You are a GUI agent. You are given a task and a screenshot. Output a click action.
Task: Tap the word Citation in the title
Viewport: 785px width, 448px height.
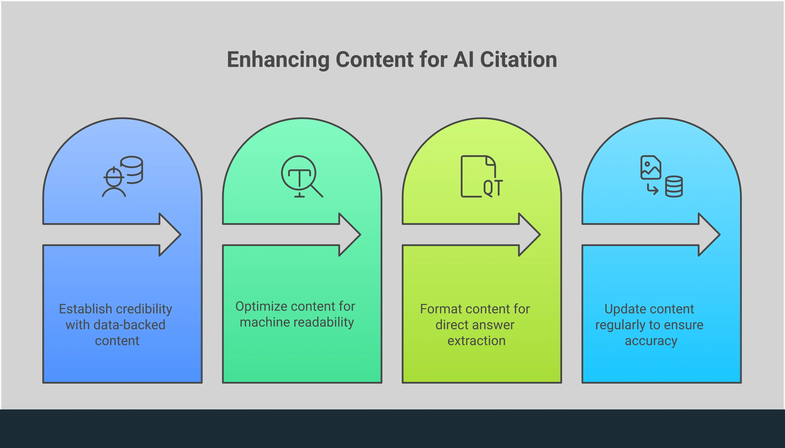(518, 60)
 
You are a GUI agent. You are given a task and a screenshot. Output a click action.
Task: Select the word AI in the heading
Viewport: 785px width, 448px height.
(463, 60)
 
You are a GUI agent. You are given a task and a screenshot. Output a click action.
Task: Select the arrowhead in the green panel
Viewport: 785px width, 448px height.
(350, 234)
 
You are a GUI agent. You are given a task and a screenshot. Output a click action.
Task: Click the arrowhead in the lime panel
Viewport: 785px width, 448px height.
(530, 234)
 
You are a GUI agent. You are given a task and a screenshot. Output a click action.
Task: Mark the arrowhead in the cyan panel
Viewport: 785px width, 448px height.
(709, 234)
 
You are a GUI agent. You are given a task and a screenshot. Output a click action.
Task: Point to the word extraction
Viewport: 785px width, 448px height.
(476, 341)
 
